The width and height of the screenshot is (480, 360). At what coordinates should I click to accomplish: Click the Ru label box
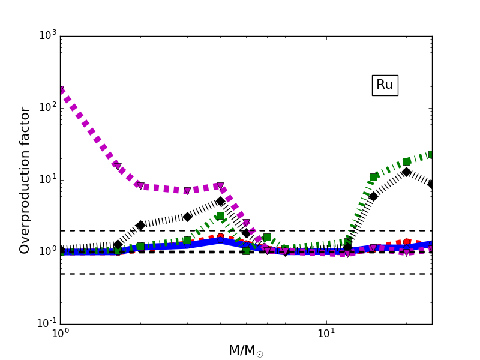click(385, 85)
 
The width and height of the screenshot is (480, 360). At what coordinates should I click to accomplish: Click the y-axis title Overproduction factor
click(25, 180)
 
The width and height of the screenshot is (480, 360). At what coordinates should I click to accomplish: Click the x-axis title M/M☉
click(245, 350)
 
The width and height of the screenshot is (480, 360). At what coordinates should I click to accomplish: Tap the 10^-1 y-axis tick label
click(45, 323)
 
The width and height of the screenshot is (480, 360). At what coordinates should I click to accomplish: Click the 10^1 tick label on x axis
click(326, 334)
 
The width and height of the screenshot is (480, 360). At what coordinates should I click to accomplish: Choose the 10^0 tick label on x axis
click(60, 334)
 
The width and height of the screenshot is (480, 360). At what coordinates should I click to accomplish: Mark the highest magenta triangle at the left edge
click(61, 90)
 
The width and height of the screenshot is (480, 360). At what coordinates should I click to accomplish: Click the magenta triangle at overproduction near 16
click(117, 166)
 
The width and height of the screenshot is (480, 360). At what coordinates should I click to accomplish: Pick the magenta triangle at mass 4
click(220, 187)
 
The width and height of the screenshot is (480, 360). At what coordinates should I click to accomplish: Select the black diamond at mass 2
click(140, 226)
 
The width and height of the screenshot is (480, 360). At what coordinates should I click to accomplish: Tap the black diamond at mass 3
click(187, 217)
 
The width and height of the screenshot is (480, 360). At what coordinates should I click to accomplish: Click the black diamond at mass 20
click(406, 172)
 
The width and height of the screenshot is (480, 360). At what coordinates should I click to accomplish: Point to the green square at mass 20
click(406, 161)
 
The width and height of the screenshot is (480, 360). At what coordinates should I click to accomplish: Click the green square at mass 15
click(373, 177)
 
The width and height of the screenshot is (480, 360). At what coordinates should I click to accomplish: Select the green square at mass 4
click(220, 215)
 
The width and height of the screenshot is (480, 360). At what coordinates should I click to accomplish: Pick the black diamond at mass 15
click(373, 196)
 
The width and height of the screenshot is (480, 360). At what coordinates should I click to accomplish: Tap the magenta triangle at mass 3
click(187, 191)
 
